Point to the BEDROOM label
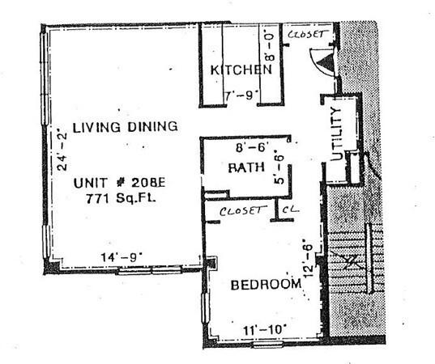[267, 285]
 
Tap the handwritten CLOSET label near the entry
[309, 35]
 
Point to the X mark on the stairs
[351, 261]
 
